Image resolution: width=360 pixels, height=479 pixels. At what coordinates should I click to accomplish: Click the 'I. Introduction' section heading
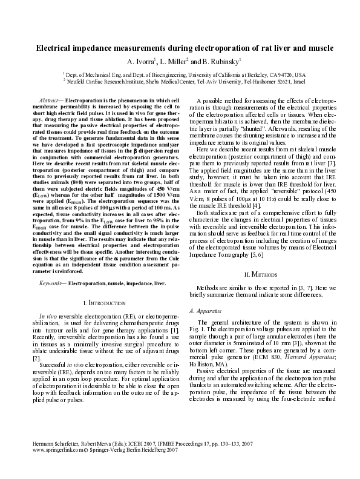104,301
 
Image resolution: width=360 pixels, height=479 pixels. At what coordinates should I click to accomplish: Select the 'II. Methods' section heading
264,274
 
